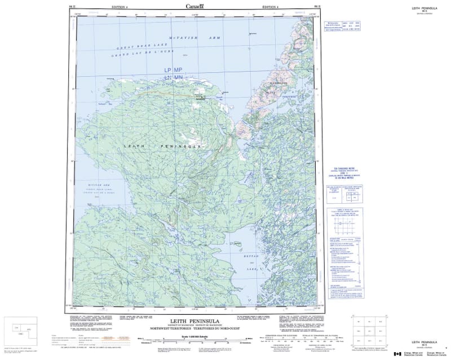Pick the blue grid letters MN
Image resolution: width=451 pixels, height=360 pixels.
pyautogui.click(x=179, y=77)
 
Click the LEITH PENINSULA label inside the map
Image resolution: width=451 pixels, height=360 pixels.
pyautogui.click(x=162, y=146)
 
